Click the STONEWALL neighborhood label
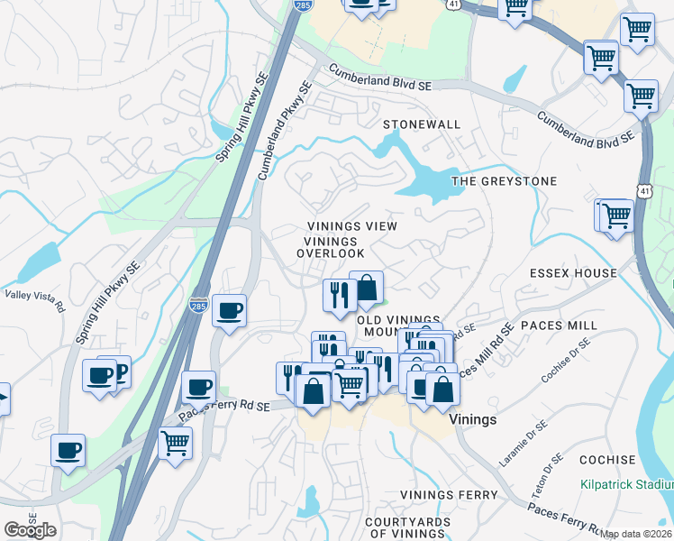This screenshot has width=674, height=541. [422, 124]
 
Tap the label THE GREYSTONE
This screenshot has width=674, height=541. [504, 181]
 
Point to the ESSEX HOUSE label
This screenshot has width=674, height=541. [574, 273]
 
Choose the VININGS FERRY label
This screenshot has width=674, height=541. [449, 495]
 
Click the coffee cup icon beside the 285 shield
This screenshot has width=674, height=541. [229, 311]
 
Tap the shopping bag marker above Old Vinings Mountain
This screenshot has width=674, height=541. [367, 289]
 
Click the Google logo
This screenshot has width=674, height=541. [30, 530]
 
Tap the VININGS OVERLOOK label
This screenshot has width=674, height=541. [331, 247]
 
